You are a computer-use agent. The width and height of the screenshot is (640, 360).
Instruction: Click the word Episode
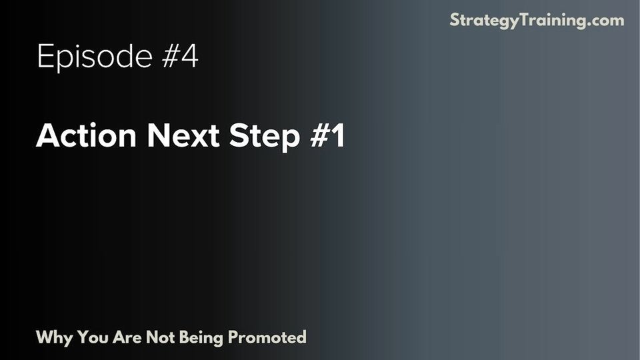(x=95, y=57)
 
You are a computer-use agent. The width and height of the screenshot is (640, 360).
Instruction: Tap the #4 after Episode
(x=179, y=57)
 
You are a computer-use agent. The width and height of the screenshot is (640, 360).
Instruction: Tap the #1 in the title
(x=329, y=137)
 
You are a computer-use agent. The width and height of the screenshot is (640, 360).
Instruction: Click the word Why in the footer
(x=55, y=337)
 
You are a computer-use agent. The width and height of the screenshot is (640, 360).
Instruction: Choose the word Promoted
(x=267, y=337)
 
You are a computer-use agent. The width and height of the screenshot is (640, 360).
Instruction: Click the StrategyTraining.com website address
(x=537, y=20)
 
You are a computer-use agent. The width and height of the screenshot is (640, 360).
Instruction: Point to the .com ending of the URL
(x=607, y=20)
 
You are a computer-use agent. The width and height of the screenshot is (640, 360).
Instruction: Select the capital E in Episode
(x=45, y=57)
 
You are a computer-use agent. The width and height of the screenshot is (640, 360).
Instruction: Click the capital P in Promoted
(x=233, y=337)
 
